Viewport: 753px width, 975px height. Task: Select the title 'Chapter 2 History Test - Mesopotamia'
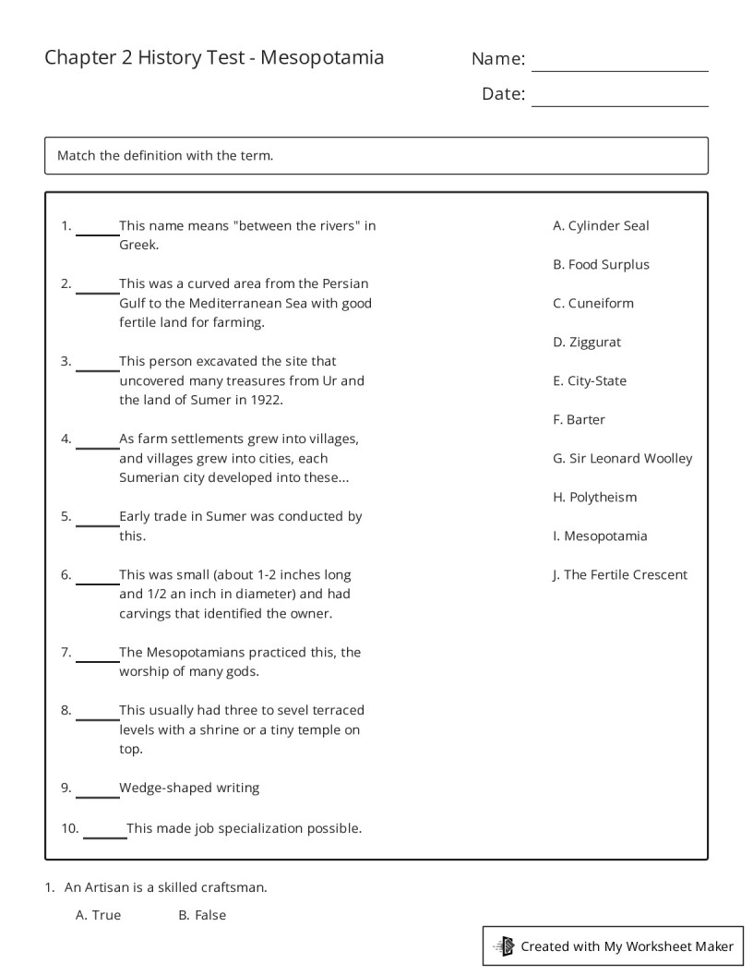point(214,58)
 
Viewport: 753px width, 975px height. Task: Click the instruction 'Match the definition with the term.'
point(165,155)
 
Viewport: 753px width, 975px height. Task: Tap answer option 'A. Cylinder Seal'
point(601,225)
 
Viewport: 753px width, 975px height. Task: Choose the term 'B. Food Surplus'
point(601,264)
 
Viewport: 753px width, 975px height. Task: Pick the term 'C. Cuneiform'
point(593,303)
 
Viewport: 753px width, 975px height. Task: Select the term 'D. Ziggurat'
point(587,342)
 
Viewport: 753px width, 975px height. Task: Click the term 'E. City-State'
point(590,380)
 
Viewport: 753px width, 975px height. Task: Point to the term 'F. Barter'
point(579,419)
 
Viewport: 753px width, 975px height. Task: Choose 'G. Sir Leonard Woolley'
point(622,458)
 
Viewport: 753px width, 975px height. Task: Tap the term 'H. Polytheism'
point(594,497)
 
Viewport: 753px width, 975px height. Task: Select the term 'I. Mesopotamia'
point(600,536)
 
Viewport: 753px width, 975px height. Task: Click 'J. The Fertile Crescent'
point(619,574)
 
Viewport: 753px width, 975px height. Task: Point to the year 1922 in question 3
point(266,400)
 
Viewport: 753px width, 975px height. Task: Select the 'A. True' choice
point(98,915)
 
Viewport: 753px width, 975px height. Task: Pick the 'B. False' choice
point(202,915)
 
